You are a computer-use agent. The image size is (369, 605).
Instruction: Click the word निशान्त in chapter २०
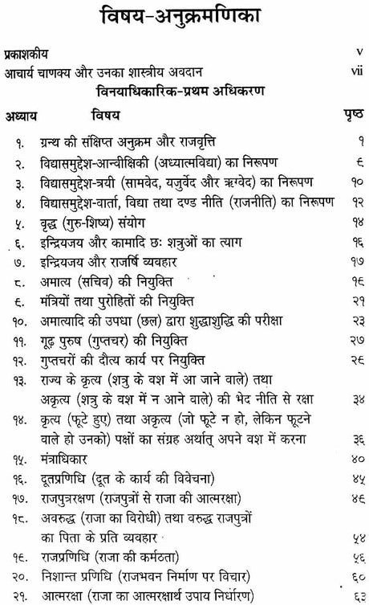pos(71,574)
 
